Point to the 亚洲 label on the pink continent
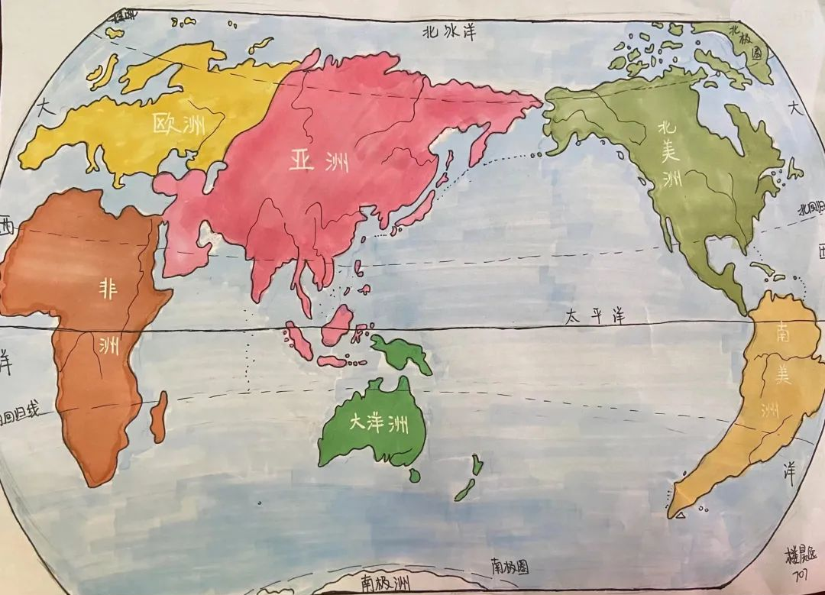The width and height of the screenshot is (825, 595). [319, 161]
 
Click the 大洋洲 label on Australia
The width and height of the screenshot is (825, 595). [377, 424]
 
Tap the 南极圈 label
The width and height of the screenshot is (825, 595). [510, 567]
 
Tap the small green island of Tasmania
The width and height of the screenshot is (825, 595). [413, 475]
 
